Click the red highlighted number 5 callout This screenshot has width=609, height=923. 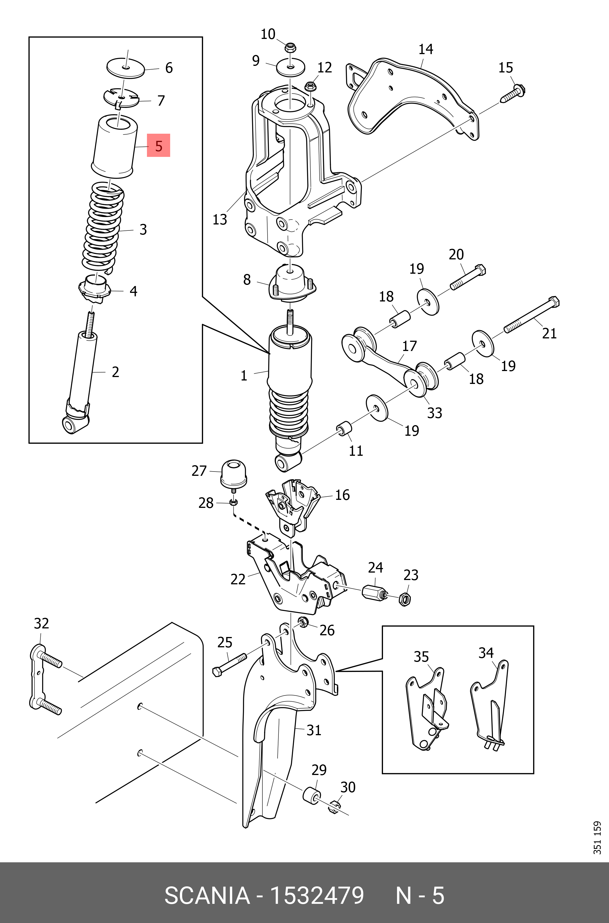click(158, 145)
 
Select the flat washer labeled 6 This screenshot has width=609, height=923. click(126, 69)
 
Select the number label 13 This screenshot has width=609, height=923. click(219, 219)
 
